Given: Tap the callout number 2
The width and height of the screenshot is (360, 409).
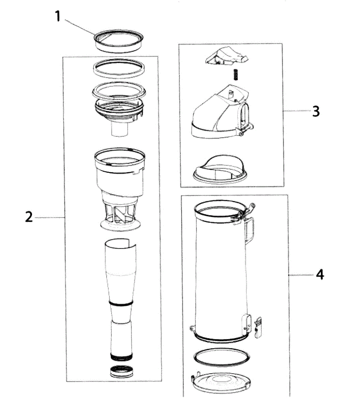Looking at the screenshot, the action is click(29, 217).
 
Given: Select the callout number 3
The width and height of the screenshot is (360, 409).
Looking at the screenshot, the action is click(316, 111).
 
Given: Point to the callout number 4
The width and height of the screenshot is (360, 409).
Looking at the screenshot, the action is click(319, 275).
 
